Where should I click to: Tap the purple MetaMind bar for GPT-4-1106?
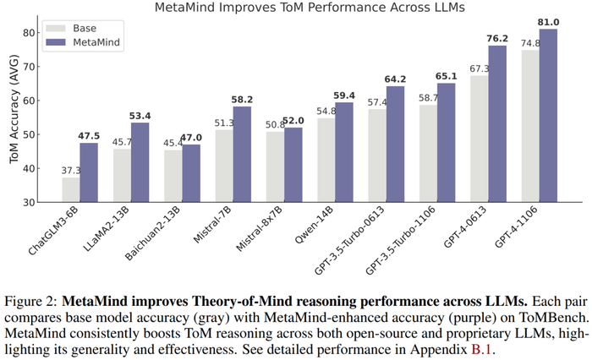click(549, 116)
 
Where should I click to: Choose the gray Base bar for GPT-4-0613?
click(480, 139)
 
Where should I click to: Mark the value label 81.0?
click(549, 23)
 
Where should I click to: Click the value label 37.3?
click(70, 171)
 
